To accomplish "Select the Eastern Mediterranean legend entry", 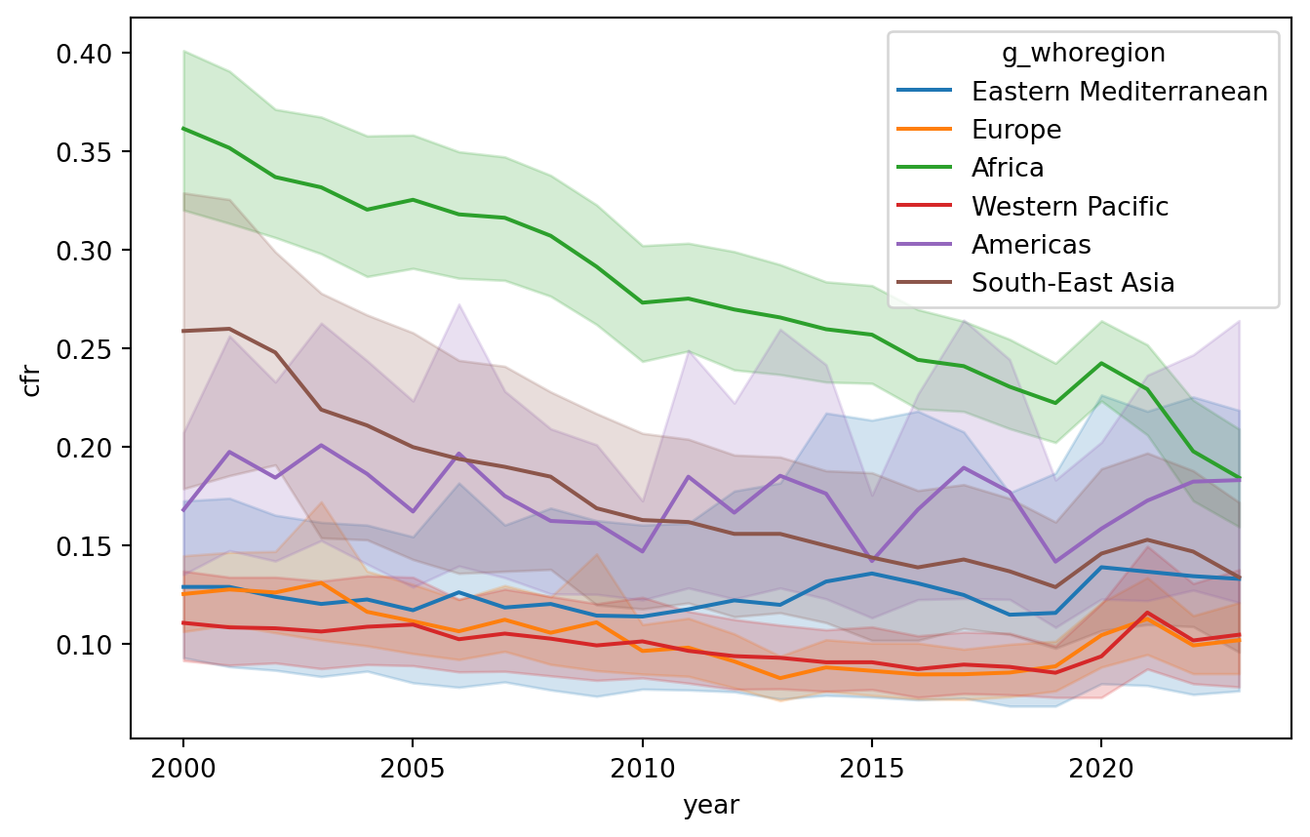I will point(1119,92).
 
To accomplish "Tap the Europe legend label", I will point(1015,130).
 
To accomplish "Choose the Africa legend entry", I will point(1008,168).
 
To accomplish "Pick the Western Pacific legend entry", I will point(1069,206).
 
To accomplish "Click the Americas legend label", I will point(1030,244).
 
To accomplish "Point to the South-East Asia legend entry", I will point(1072,283).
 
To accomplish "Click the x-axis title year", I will point(711,806).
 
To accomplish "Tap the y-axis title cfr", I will point(31,381).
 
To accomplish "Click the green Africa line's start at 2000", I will point(183,129).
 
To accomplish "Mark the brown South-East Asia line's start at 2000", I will point(183,331).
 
